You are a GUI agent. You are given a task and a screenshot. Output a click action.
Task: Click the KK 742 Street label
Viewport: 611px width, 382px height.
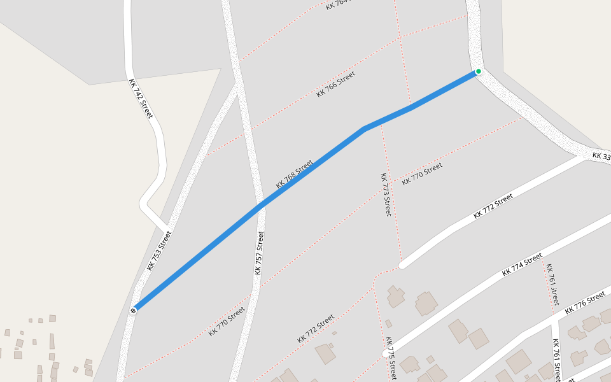coord(141,98)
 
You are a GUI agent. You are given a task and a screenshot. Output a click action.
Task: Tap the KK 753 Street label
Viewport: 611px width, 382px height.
coord(159,251)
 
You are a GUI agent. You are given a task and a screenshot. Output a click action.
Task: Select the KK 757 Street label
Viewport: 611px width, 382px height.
coord(259,253)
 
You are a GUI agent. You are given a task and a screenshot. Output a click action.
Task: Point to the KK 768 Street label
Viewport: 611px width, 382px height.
coord(294,174)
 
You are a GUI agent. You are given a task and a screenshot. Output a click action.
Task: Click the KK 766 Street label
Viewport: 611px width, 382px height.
coord(335,84)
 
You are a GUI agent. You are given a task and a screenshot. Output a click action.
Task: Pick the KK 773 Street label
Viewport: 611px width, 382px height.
coord(385,194)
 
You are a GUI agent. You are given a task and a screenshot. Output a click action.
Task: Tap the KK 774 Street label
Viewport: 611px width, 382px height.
coord(522,264)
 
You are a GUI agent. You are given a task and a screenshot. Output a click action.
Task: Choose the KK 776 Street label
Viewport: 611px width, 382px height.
coord(585,302)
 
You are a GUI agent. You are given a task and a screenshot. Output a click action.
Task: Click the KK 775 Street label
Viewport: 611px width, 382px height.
coord(391,358)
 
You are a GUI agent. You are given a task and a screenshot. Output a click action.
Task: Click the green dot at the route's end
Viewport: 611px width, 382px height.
coord(478,71)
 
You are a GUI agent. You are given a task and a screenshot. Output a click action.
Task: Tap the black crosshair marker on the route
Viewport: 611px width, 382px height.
coord(134,311)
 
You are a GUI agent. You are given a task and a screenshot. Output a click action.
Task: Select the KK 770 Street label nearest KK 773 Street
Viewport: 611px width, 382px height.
coord(422,174)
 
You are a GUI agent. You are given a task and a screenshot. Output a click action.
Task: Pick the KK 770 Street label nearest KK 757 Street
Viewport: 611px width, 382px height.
coord(227,322)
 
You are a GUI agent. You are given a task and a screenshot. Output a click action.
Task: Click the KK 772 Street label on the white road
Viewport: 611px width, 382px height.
coord(493,207)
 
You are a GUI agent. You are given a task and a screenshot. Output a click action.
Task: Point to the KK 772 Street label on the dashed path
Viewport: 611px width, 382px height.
coord(316,329)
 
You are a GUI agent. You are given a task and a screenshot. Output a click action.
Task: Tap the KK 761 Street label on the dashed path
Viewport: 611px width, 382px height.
coord(552,284)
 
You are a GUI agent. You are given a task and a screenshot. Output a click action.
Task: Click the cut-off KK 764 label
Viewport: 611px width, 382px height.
coord(337,4)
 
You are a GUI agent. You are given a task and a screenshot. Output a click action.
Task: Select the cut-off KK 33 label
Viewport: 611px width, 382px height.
coord(601,156)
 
